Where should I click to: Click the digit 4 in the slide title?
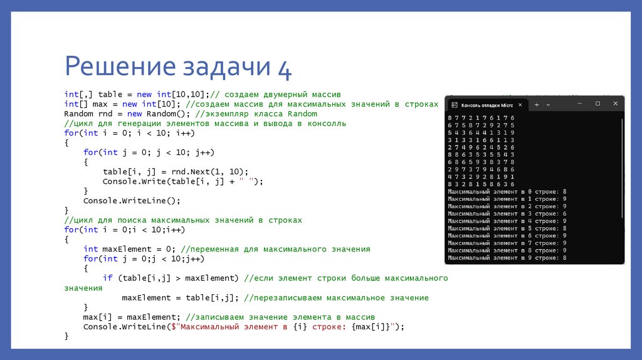coord(284,68)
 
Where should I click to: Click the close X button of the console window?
coord(615,103)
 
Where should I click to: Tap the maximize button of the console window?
coord(597,103)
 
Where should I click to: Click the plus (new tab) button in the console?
coord(536,105)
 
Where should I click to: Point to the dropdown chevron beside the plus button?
coord(548,105)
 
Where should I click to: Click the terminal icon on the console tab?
coord(455,105)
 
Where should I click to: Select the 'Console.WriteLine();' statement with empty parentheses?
coord(132,201)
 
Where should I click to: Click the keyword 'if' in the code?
coord(108,278)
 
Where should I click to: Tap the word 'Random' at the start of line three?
coord(78,114)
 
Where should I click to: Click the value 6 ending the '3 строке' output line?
coord(565,213)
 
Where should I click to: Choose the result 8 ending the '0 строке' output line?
coord(565,191)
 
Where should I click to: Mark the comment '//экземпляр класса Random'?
coord(256,114)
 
